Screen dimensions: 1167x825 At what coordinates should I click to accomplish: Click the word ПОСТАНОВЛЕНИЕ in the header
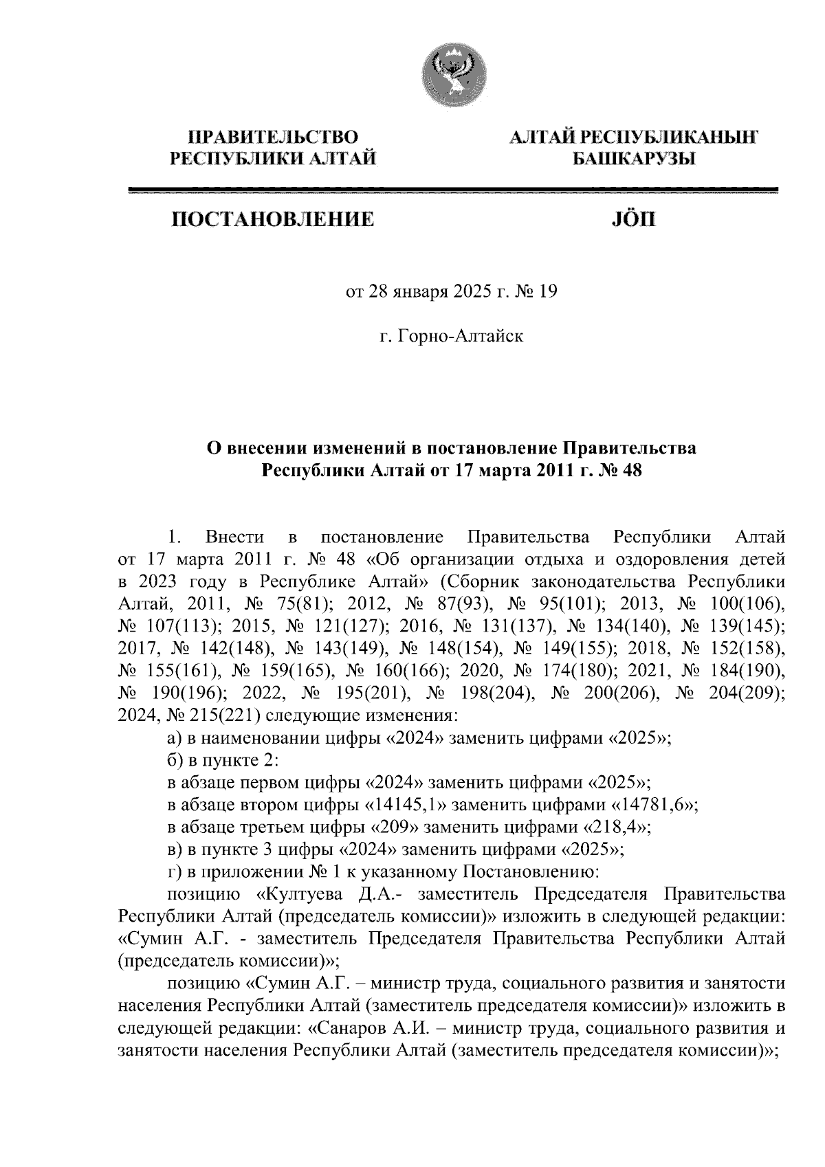point(274,220)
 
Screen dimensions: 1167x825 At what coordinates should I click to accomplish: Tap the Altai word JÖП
point(633,220)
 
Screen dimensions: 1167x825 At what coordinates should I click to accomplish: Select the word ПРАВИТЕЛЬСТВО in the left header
point(274,137)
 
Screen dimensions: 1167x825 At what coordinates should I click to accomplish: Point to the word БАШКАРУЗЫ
point(634,159)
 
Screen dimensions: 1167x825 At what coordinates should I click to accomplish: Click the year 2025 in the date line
point(469,292)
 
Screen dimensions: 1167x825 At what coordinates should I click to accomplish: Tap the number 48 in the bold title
point(628,471)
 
